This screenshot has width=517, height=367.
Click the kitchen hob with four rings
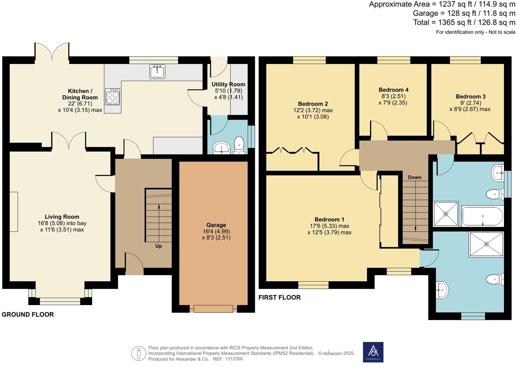pyautogui.click(x=112, y=96)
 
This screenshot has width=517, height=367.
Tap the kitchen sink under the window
pyautogui.click(x=157, y=71)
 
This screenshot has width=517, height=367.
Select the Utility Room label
pyautogui.click(x=228, y=84)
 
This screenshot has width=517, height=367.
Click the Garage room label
pyautogui.click(x=216, y=225)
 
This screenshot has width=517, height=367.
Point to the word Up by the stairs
pyautogui.click(x=158, y=246)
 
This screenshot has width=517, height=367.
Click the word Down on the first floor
pyautogui.click(x=415, y=177)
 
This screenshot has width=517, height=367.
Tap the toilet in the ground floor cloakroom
pyautogui.click(x=239, y=145)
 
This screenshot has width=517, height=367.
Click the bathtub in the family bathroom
pyautogui.click(x=482, y=216)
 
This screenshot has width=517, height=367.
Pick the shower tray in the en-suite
pyautogui.click(x=486, y=244)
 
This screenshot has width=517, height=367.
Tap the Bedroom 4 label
pyautogui.click(x=393, y=90)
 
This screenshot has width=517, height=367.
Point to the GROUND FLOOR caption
pyautogui.click(x=28, y=314)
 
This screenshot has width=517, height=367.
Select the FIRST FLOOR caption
pyautogui.click(x=280, y=297)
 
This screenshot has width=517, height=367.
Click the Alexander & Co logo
pyautogui.click(x=373, y=352)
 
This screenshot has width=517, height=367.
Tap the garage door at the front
pyautogui.click(x=213, y=309)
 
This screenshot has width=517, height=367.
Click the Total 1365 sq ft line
pyautogui.click(x=464, y=22)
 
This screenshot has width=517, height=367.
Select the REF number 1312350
pyautogui.click(x=234, y=359)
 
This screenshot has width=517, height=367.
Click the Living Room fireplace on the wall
pyautogui.click(x=13, y=212)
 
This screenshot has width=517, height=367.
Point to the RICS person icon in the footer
pyautogui.click(x=138, y=353)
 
